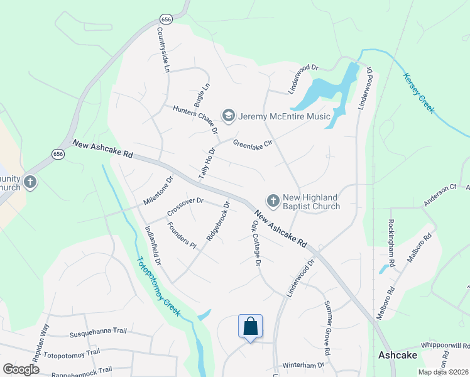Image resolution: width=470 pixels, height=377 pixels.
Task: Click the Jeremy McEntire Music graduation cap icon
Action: [228, 116]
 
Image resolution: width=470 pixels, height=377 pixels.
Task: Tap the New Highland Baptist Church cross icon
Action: [273, 200]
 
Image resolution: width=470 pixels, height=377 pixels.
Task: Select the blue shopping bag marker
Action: [250, 327]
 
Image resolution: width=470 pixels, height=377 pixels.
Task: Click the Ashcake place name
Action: [398, 355]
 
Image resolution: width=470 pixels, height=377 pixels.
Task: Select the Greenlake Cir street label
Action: [252, 144]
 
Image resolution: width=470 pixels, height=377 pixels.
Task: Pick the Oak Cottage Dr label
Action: [256, 243]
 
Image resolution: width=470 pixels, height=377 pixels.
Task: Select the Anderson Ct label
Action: [439, 195]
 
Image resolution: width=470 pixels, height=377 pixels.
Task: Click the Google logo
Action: [21, 369]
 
